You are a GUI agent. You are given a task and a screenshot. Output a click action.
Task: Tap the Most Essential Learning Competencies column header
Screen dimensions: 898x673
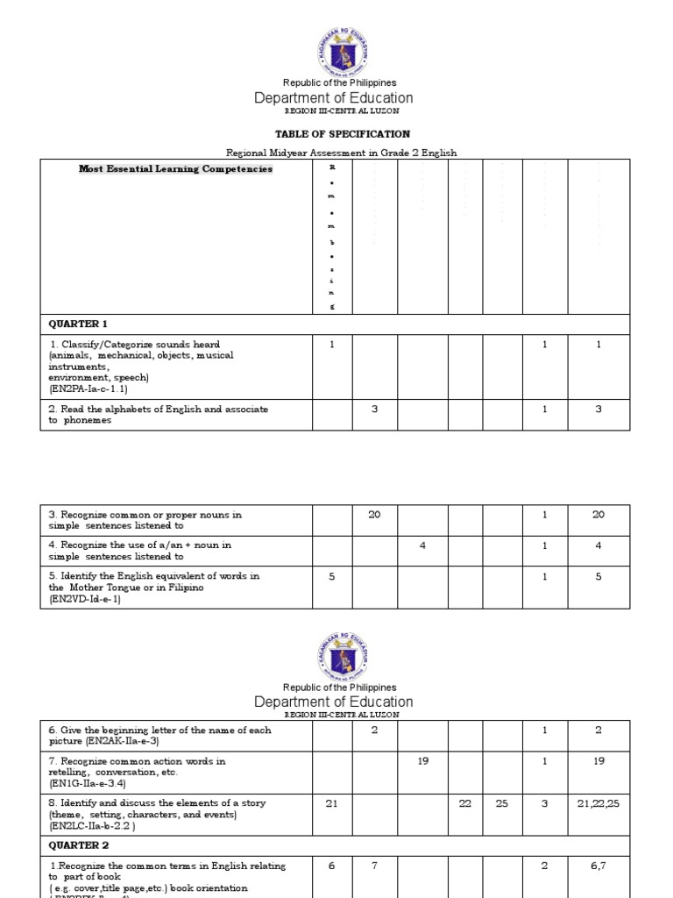point(176,169)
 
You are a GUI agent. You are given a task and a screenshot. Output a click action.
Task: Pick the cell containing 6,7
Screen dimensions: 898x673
point(599,866)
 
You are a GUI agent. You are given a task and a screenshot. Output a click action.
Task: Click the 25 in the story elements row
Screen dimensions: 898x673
point(501,803)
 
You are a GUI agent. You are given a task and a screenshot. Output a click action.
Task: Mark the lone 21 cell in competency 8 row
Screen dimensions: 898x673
point(331,803)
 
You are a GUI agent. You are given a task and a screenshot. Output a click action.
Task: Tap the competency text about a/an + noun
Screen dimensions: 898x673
point(140,551)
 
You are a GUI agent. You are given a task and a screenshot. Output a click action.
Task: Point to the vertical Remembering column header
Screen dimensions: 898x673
point(331,237)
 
